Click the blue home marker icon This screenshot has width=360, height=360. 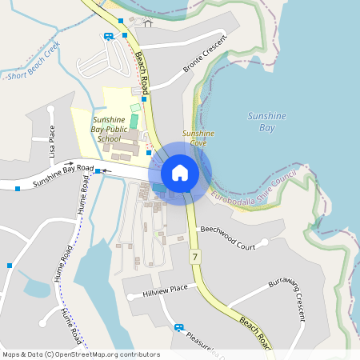point(180,172)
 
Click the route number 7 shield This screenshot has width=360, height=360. point(194,257)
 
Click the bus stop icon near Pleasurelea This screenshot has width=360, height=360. point(178,327)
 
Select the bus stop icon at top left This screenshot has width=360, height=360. point(108,36)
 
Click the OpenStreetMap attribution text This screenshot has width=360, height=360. point(80,354)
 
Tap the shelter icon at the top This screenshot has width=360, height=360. point(147,22)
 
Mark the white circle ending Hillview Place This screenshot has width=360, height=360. point(130,298)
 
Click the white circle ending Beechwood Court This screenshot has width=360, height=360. point(256,247)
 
